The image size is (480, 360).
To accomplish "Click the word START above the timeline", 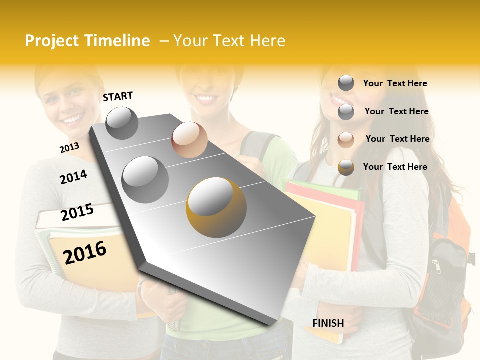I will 118,96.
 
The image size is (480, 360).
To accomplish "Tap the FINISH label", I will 328,323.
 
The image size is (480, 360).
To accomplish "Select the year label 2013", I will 69,147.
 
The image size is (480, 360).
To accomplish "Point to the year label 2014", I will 73,177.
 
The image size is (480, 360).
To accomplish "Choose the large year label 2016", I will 85,252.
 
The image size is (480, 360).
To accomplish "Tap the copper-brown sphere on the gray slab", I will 189,139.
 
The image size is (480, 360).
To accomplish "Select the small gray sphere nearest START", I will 122,123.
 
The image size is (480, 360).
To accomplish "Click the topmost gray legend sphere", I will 346,83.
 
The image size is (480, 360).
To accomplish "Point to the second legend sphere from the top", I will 346,112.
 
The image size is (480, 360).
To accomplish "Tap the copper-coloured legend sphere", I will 346,140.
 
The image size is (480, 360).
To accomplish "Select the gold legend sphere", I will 346,167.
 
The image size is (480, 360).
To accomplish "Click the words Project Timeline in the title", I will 87,41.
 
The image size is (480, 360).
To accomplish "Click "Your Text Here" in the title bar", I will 229,41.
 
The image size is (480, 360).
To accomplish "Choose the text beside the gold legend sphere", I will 395,167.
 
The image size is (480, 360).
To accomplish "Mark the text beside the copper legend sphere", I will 397,139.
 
